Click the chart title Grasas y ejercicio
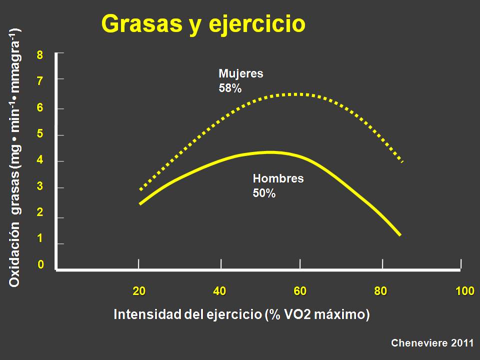[203, 24]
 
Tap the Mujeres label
[241, 74]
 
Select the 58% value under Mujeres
[230, 88]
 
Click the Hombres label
[278, 178]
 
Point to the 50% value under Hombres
[264, 193]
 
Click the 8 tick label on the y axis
[40, 55]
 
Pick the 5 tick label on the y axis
[40, 134]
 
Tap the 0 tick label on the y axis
[40, 264]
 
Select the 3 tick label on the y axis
[40, 186]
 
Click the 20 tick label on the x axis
[139, 291]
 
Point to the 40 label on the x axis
[219, 291]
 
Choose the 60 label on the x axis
[300, 291]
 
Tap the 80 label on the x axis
[380, 291]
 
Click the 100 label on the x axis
[464, 291]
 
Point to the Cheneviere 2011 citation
[432, 343]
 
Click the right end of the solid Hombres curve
[400, 235]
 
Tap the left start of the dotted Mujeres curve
[140, 190]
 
